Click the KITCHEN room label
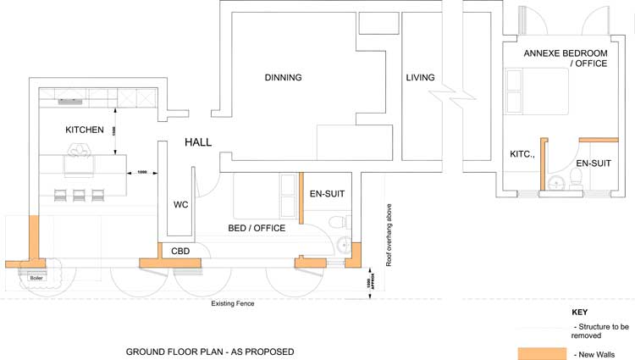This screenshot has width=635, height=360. [85, 130]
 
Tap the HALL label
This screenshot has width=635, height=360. [198, 142]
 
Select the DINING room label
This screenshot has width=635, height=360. [283, 78]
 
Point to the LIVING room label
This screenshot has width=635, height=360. [420, 78]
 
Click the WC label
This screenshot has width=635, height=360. [180, 205]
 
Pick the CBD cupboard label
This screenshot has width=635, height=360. [180, 251]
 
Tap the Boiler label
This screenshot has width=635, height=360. [36, 277]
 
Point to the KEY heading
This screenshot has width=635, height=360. [580, 312]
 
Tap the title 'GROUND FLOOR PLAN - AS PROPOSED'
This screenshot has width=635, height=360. [210, 351]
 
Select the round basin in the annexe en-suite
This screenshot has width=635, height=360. [556, 184]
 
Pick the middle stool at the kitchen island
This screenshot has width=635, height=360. [79, 196]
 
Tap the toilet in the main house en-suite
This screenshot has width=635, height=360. [338, 221]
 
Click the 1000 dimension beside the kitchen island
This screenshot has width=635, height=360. [142, 172]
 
